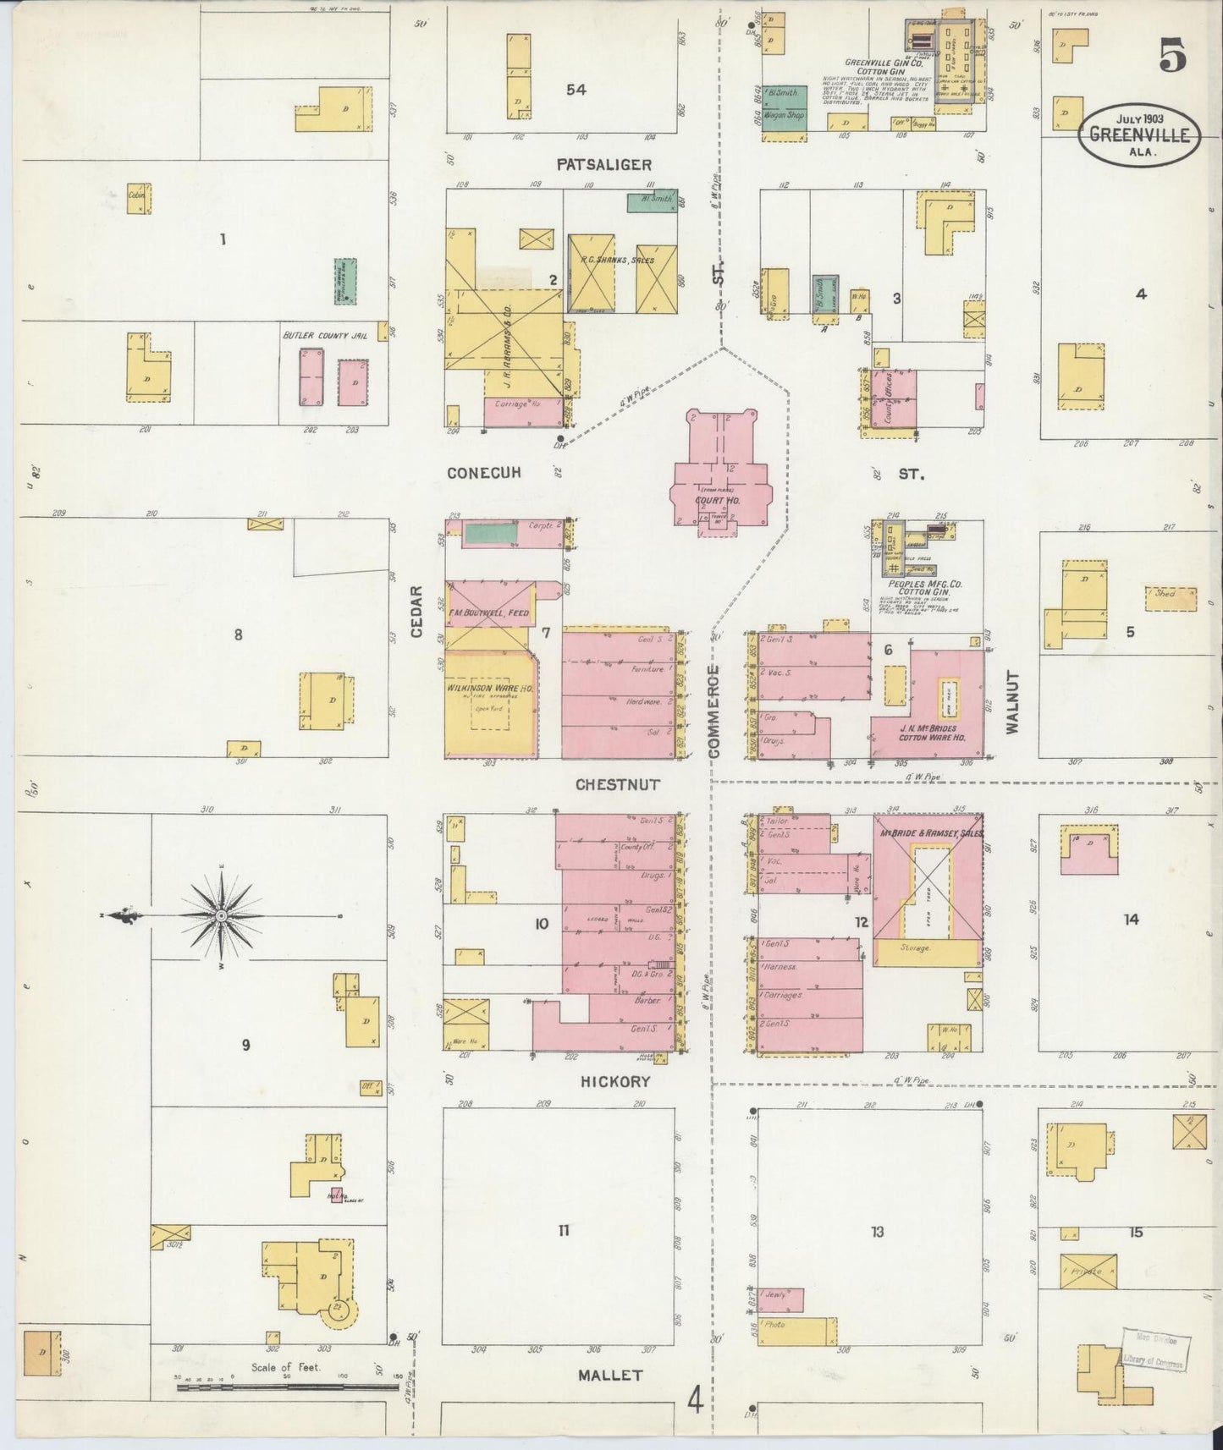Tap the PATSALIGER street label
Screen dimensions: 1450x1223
click(x=603, y=163)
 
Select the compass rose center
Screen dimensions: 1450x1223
click(x=221, y=915)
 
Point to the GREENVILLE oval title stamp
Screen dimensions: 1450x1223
click(x=1139, y=135)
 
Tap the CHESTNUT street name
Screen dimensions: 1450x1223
click(x=617, y=784)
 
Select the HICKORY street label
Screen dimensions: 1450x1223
click(x=614, y=1081)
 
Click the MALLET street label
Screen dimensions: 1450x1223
click(x=610, y=1375)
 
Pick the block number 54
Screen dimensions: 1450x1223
click(x=576, y=90)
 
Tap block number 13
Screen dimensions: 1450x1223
click(x=877, y=1231)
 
